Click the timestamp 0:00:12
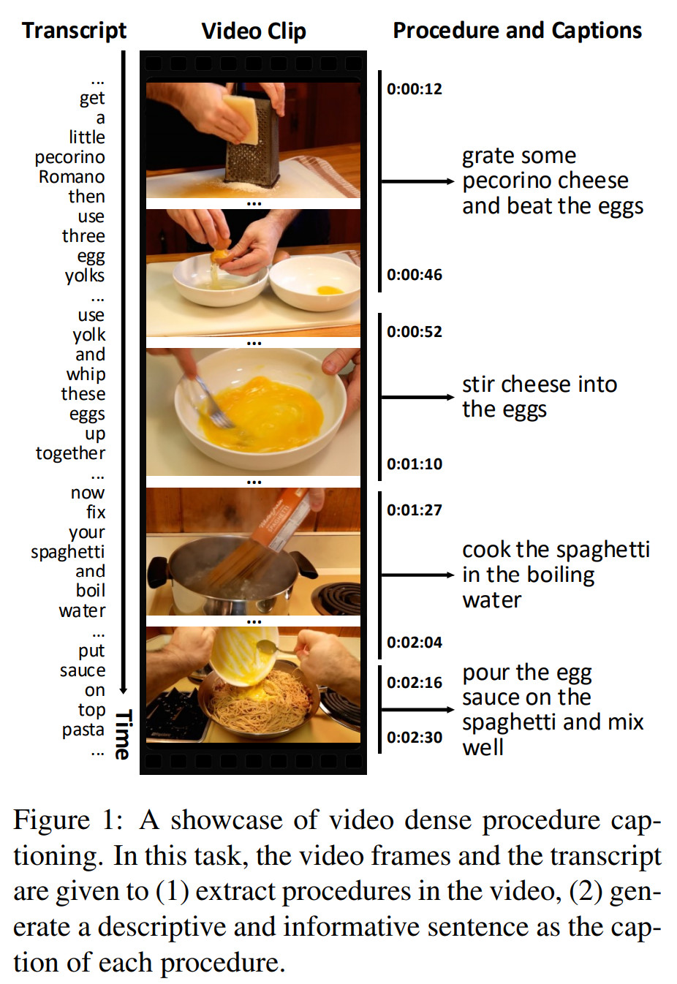(x=414, y=89)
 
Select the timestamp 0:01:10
(x=414, y=464)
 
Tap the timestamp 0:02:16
(x=414, y=682)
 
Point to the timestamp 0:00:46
(x=414, y=275)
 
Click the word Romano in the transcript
(x=72, y=177)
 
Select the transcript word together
(x=70, y=453)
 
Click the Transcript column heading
(x=75, y=31)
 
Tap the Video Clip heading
(x=254, y=31)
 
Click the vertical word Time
(x=122, y=734)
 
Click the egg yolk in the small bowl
(x=330, y=290)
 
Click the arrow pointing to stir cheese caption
(x=417, y=397)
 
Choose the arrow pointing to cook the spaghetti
(x=417, y=575)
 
